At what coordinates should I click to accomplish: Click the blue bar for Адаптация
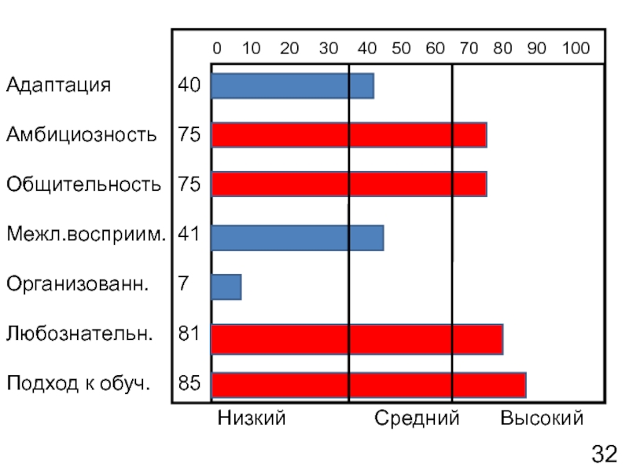(292, 86)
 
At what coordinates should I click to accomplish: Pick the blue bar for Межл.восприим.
(297, 237)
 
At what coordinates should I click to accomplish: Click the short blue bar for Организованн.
(226, 287)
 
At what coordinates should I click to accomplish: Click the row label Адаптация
(58, 85)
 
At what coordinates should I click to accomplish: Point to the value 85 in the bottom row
(189, 385)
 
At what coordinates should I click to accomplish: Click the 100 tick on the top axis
(576, 49)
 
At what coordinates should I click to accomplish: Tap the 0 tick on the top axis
(217, 49)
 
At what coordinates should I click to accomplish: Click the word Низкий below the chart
(252, 418)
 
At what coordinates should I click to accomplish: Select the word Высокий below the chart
(542, 418)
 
